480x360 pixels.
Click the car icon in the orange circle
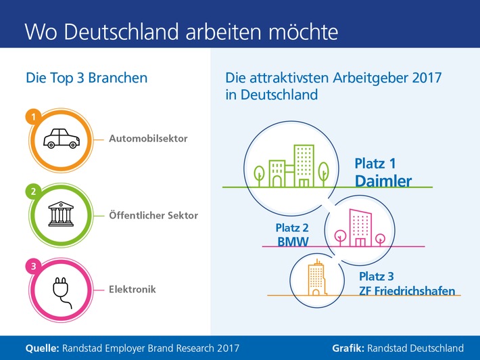tap(62, 139)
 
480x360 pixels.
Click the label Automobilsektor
tap(148, 139)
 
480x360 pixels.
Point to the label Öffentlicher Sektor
tap(153, 216)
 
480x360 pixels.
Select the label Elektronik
tap(133, 289)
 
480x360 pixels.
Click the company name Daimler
tap(383, 181)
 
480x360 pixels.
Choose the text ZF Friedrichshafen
tap(407, 291)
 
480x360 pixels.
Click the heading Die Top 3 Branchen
tap(87, 78)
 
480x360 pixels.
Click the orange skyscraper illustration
tap(315, 279)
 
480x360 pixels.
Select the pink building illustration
tap(357, 227)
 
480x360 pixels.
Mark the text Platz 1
tap(376, 164)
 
